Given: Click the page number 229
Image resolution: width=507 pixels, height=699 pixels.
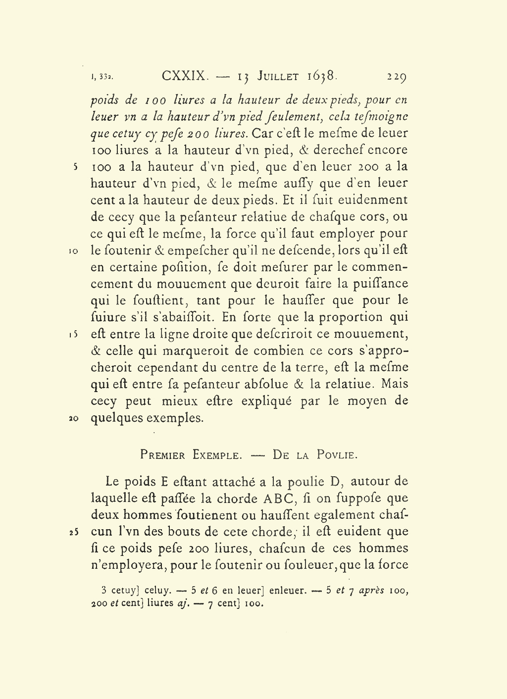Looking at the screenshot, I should [397, 77].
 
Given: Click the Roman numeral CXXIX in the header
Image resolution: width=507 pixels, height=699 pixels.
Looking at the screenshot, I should [184, 76].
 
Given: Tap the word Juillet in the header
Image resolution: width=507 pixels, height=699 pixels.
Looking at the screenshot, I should [278, 76].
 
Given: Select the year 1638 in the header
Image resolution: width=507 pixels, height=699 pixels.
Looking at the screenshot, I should [322, 76].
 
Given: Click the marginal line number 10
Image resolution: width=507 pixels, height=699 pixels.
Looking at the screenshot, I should [72, 251].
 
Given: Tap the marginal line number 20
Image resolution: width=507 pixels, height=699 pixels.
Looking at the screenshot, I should [72, 418].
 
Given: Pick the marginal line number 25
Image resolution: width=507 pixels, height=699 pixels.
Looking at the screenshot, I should [72, 532].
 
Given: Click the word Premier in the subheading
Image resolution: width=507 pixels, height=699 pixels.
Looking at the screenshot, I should [162, 455].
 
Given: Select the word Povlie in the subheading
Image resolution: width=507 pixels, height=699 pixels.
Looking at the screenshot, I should [336, 455].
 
